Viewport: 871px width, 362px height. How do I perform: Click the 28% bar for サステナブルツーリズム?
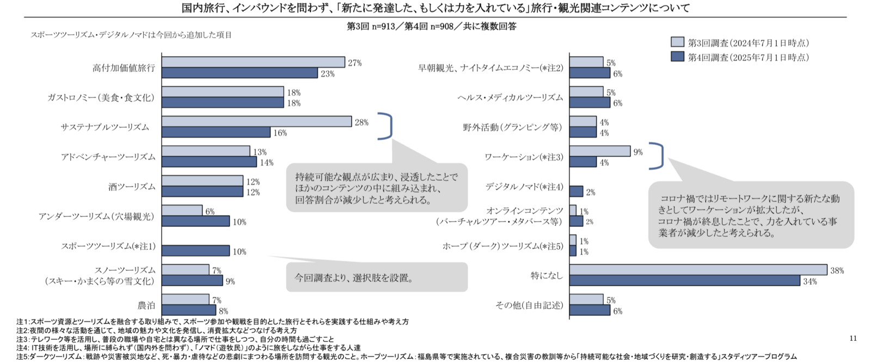coord(256,121)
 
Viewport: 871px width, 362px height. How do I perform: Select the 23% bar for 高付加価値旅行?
coord(240,73)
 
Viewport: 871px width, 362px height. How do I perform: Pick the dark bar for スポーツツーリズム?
coord(195,251)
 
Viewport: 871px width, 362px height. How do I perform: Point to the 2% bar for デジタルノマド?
coord(576,192)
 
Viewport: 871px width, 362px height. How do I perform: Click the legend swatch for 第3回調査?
coord(677,42)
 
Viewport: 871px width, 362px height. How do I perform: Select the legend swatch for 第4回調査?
coord(677,57)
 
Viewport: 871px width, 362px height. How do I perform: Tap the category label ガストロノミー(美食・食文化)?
coord(101,98)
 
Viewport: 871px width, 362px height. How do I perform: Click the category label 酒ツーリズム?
coord(132,187)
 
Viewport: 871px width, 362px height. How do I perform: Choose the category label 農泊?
coord(146,305)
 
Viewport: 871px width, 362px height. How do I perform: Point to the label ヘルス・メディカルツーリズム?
coord(510,98)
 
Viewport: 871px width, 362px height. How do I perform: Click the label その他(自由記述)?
coord(529,305)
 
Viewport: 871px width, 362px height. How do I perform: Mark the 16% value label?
coord(280,133)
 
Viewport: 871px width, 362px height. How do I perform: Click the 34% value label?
coord(809,281)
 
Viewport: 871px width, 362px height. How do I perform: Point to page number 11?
coord(853,338)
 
